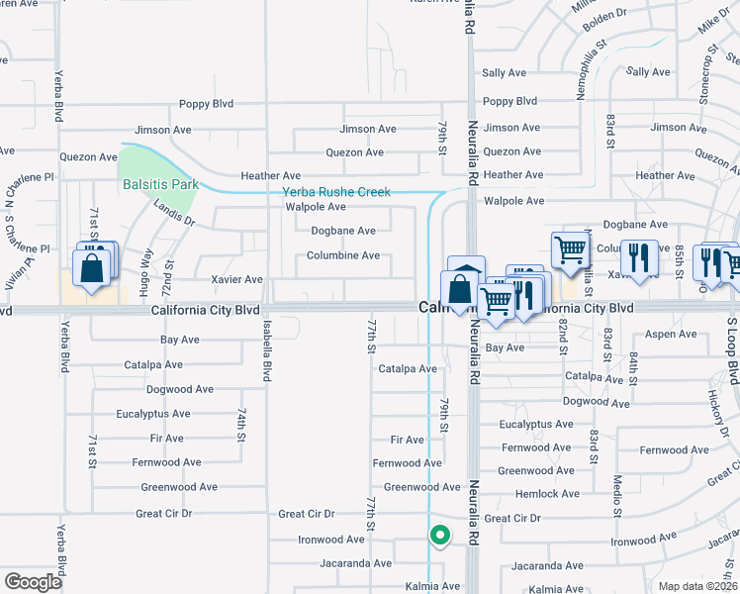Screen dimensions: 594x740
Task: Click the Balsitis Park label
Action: [x=160, y=184]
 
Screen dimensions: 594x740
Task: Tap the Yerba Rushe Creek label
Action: [x=336, y=192]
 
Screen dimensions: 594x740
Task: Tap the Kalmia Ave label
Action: [x=431, y=585]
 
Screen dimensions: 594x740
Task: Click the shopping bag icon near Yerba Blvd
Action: [x=92, y=268]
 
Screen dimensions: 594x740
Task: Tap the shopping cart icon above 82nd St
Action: [x=570, y=251]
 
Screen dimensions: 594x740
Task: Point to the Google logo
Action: [x=33, y=582]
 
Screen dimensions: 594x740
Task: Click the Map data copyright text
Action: [x=697, y=586]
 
